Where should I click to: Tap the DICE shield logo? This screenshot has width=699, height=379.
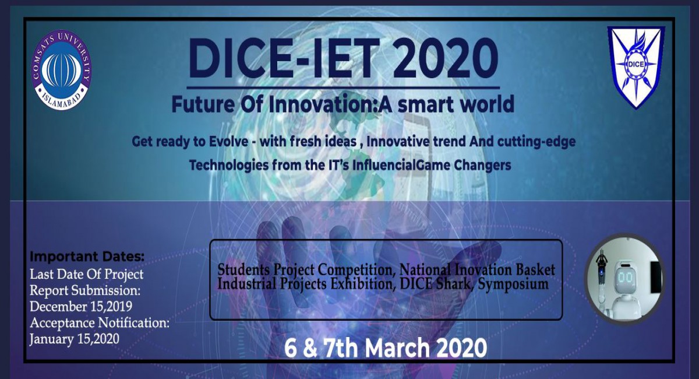(x=636, y=67)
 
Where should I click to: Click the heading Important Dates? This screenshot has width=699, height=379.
(x=87, y=257)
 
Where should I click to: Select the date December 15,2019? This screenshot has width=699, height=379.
(x=81, y=306)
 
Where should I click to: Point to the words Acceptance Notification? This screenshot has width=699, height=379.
(x=100, y=322)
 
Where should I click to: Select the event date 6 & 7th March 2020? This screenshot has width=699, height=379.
(x=385, y=348)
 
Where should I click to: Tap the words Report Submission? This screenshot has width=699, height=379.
(x=86, y=290)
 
